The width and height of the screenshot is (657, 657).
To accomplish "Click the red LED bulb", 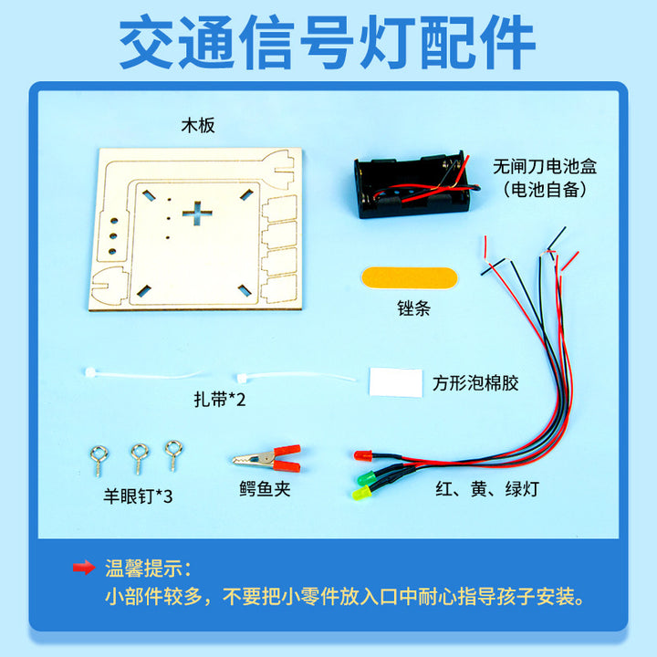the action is tap(363, 455).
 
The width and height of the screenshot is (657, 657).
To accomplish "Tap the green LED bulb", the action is tap(367, 477).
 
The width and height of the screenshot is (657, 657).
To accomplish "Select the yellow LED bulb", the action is tap(361, 493).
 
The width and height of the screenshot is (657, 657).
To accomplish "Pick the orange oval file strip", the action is tap(409, 277).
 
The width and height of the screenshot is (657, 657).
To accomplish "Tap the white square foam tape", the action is tap(395, 382).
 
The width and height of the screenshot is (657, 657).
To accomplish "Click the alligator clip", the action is tap(266, 459).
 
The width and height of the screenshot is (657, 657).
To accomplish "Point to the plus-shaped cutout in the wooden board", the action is tap(197, 214).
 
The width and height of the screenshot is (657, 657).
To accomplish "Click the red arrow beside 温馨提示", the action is tap(84, 568).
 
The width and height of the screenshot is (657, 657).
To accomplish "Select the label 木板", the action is tap(198, 125).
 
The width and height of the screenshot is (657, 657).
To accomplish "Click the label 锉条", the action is tap(413, 308).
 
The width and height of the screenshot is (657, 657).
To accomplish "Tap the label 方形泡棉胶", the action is tap(475, 383).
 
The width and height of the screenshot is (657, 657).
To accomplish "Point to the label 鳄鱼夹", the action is tap(265, 488).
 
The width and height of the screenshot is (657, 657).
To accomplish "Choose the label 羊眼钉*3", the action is tap(138, 496).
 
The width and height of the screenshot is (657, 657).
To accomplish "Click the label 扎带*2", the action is tap(220, 399).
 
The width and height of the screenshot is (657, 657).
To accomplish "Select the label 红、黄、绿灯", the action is tap(487, 488).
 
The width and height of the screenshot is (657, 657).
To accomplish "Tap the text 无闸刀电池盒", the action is tap(545, 166).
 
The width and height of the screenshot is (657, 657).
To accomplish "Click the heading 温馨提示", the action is tap(148, 568).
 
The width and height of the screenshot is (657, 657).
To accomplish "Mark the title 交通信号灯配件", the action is tap(328, 42).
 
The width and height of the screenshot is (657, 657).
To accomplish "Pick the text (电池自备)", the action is tap(545, 190).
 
